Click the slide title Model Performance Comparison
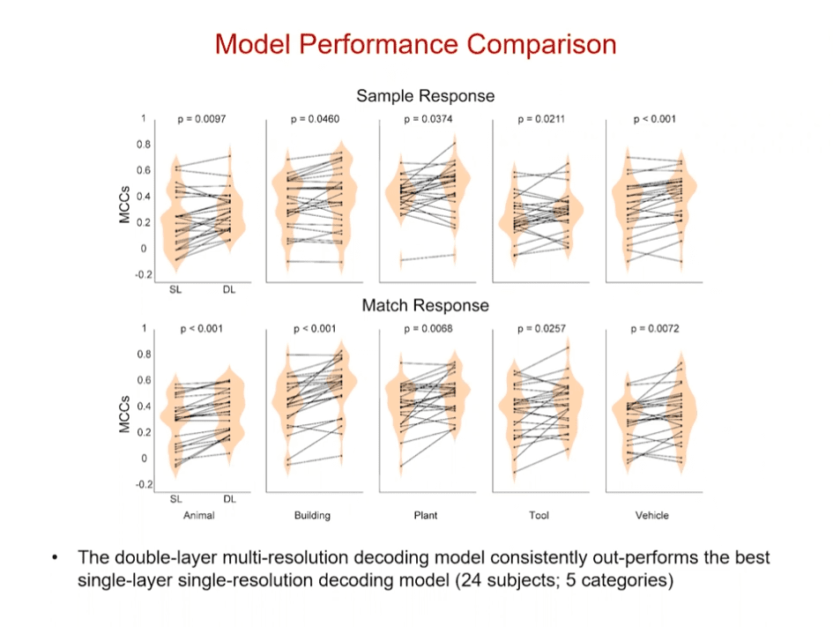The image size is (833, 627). pos(415,44)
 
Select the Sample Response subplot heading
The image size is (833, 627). pos(425,95)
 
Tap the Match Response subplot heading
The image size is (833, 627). pos(425,305)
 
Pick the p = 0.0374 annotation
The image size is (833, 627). pos(426,119)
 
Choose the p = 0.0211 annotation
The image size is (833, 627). pos(539,119)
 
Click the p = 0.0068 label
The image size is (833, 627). pos(426,329)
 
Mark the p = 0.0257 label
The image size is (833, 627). pos(539,329)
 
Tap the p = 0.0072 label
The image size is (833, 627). pos(653,329)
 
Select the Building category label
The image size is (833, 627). pos(312,515)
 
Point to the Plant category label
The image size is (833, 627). pos(426,515)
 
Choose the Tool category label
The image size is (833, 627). pos(539,515)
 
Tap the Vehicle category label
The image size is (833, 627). pos(652,515)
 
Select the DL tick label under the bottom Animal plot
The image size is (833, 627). pos(229,498)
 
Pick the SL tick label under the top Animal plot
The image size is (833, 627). pos(175,288)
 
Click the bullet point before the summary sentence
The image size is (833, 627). pos(55,558)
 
